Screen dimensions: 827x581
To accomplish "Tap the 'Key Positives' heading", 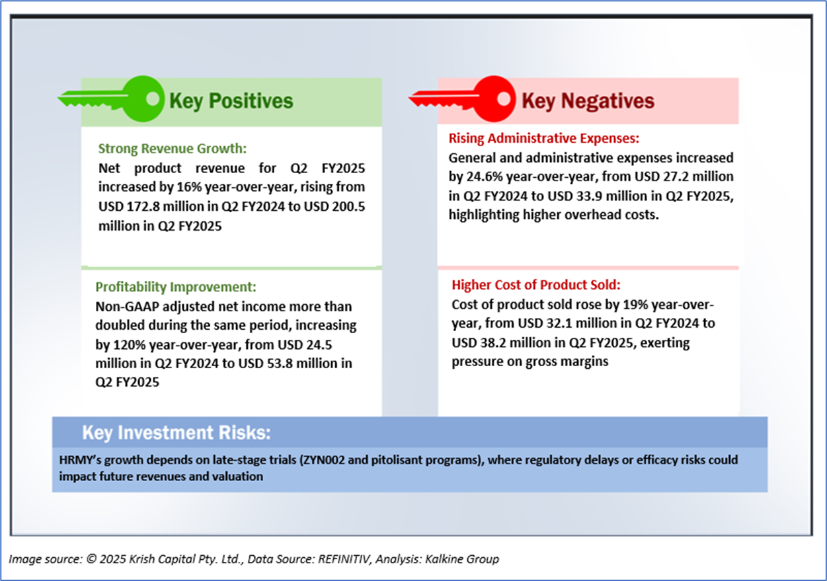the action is (231, 101).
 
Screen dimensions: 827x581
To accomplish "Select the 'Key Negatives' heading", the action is (588, 101).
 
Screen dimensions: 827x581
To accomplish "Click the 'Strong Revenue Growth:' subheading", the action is (173, 148).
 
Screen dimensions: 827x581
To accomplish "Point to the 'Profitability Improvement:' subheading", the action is (176, 287).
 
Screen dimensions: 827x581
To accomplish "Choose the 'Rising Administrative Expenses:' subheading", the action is (544, 138).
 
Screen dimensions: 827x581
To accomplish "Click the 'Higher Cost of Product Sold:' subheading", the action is (536, 285).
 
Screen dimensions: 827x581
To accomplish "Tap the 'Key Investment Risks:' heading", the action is (177, 433).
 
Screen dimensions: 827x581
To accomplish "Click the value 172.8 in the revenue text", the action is (143, 207).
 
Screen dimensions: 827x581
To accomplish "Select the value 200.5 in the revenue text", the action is (348, 207).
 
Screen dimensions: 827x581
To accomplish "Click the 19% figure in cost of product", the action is (635, 305).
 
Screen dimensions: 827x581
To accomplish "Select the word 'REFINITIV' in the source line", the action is (344, 559).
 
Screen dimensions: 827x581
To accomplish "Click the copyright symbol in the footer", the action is (91, 559).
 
